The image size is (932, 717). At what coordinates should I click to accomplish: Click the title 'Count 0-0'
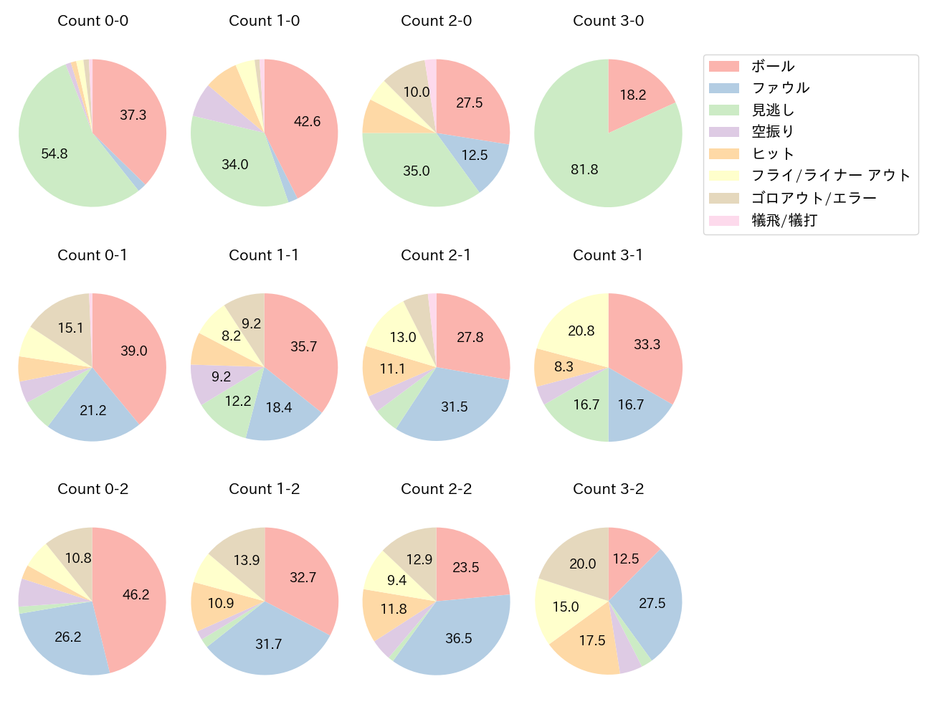click(92, 21)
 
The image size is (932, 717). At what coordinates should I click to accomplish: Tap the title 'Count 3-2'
click(608, 489)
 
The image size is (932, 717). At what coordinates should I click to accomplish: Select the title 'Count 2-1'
click(436, 255)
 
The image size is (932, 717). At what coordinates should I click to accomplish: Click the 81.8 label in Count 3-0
click(584, 170)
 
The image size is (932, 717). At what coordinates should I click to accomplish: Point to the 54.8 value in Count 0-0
click(54, 153)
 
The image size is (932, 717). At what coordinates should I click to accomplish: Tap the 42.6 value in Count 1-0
click(307, 122)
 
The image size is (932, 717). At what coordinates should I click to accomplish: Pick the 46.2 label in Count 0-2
click(135, 595)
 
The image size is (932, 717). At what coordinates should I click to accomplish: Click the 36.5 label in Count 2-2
click(458, 638)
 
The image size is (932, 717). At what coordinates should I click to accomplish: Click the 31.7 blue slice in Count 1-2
click(269, 645)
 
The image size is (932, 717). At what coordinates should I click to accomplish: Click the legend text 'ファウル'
click(780, 88)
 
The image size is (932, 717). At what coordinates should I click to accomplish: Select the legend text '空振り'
click(773, 132)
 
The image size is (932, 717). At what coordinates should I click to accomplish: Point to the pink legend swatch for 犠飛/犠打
click(723, 221)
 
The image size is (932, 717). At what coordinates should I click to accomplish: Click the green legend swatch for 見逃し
click(723, 110)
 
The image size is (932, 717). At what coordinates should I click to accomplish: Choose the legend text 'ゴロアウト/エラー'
click(814, 199)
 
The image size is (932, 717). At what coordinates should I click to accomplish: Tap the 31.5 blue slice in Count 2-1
click(452, 409)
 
